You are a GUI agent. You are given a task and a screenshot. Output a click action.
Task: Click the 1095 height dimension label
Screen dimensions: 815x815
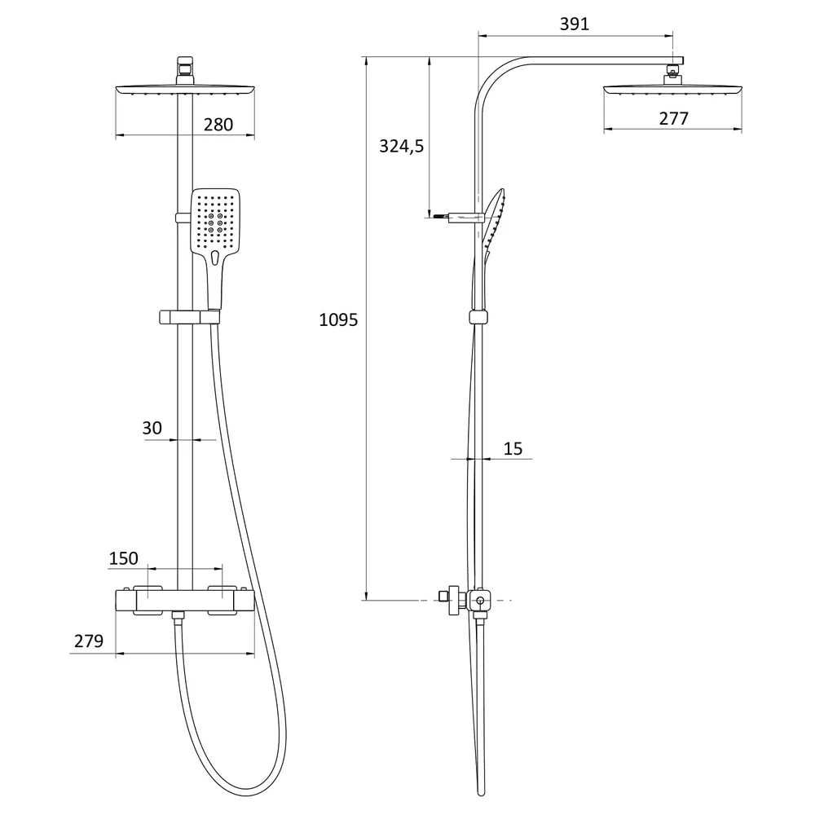click(x=338, y=319)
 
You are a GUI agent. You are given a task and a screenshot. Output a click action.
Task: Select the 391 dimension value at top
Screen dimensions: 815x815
click(x=575, y=24)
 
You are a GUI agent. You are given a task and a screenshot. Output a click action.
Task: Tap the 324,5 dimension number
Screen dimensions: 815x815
click(x=401, y=147)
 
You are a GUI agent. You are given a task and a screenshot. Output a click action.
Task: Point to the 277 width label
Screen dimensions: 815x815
click(x=674, y=118)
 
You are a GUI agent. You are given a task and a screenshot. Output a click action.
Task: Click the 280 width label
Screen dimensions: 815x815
click(x=218, y=125)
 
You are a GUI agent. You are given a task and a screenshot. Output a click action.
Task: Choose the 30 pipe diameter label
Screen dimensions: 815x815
click(x=152, y=428)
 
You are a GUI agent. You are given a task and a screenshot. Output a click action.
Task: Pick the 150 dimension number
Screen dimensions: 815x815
click(x=123, y=558)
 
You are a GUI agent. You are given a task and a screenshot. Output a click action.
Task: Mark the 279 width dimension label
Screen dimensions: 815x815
click(x=88, y=641)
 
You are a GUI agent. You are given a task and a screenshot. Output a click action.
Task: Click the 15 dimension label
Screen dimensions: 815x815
click(x=513, y=448)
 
